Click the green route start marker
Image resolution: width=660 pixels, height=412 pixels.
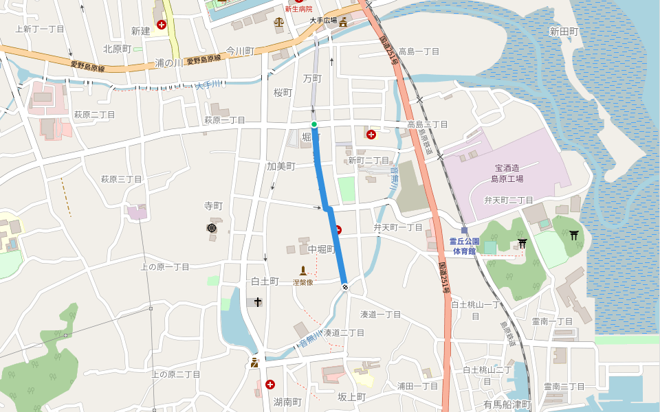point(314,124)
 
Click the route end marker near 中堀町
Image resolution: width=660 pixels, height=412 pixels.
point(344,286)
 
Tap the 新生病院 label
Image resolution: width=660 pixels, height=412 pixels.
point(298,9)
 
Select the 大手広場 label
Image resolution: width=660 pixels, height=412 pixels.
point(322,21)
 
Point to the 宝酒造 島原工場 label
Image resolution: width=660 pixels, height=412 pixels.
point(507,172)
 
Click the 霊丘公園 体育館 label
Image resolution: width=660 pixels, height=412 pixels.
point(464,246)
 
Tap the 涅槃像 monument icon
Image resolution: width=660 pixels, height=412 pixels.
point(302,271)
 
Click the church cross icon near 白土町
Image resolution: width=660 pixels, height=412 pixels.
point(258,301)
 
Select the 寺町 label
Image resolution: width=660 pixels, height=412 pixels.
point(214,206)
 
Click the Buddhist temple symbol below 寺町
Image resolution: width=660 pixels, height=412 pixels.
point(211,228)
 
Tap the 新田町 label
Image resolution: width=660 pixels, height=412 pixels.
point(564,32)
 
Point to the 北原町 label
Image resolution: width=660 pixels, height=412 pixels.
point(117,49)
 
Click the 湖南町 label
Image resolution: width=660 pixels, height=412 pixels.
point(287,401)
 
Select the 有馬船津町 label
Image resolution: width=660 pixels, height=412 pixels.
point(507,404)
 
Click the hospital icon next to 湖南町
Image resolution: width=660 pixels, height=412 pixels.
point(269,385)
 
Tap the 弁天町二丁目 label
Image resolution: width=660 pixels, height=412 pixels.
point(509,200)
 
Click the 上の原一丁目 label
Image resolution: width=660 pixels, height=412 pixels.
point(164,266)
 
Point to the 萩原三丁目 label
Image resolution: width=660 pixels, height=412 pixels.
point(121,179)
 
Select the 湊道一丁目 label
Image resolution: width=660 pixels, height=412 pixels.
point(381,314)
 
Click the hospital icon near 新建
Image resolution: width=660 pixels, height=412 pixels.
point(162,25)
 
